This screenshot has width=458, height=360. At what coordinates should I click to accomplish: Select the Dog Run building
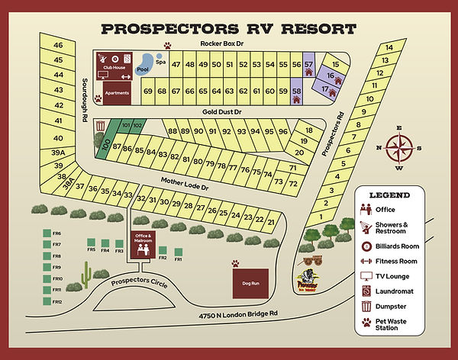[x=250, y=283]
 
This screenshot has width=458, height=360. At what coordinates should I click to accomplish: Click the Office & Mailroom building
[x=144, y=243]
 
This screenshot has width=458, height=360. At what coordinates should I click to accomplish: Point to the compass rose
[x=398, y=147]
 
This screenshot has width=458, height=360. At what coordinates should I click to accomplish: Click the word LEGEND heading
[x=390, y=195]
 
